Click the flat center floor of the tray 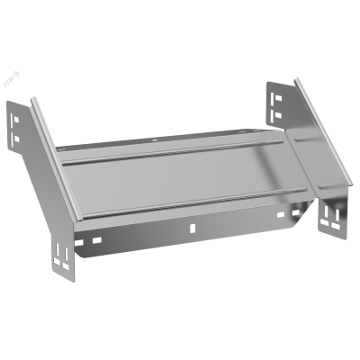click(180, 180)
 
